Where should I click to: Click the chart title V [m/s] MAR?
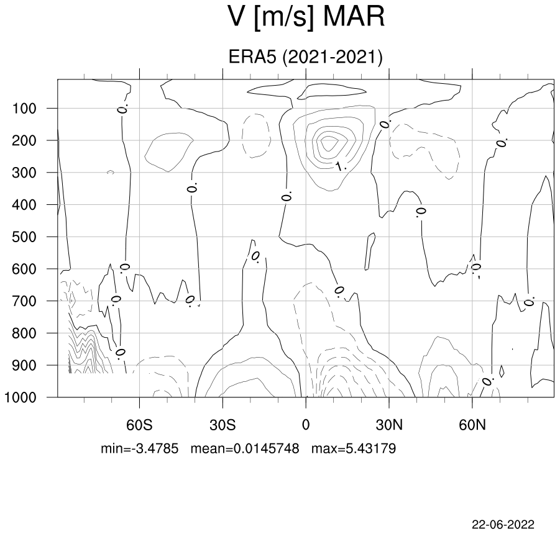point(306,17)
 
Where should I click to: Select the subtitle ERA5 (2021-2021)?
point(305,57)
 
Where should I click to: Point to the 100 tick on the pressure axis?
point(24,109)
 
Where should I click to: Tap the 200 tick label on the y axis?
point(24,140)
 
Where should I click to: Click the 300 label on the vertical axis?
point(24,173)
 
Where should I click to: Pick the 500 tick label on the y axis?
point(24,237)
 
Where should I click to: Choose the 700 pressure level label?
point(24,301)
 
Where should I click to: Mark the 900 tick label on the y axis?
point(24,365)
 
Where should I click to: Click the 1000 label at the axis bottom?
point(20,397)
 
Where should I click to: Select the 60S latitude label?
point(139,425)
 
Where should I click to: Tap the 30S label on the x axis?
point(223,425)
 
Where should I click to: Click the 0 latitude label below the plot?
point(306,425)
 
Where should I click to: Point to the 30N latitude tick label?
point(389,425)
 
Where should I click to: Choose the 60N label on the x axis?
point(472,425)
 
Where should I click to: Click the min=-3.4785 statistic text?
point(139,448)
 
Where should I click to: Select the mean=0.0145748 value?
point(245,448)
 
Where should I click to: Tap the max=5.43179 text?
point(354,448)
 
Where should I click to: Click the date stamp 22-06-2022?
point(503,524)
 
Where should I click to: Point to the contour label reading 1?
point(341,166)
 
